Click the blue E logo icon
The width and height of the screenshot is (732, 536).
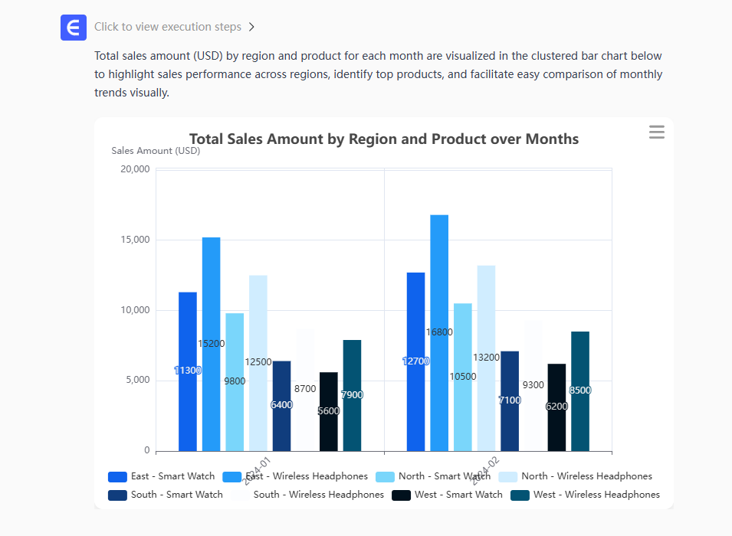pos(74,28)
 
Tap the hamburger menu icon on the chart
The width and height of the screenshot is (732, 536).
pos(657,132)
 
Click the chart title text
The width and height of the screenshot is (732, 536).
pos(383,139)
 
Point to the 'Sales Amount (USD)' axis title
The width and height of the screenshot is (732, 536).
pos(156,151)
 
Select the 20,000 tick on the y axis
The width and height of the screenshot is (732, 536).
pos(136,169)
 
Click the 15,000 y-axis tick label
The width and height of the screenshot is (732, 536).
pos(136,240)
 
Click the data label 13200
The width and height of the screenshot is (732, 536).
pos(486,358)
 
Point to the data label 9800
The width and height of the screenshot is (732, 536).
pos(235,381)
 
